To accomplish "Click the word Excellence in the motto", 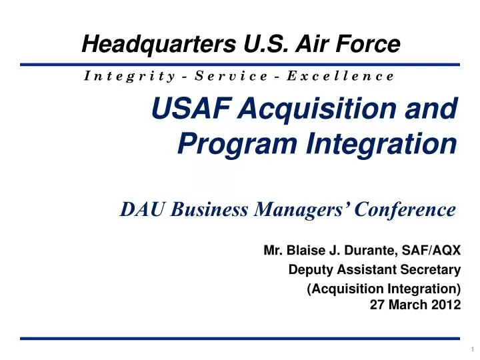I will pyautogui.click(x=341, y=75).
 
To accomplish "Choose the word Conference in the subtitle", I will pyautogui.click(x=405, y=209).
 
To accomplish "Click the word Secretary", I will pyautogui.click(x=434, y=270).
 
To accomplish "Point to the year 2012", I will pyautogui.click(x=447, y=305).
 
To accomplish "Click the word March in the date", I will pyautogui.click(x=415, y=305).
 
